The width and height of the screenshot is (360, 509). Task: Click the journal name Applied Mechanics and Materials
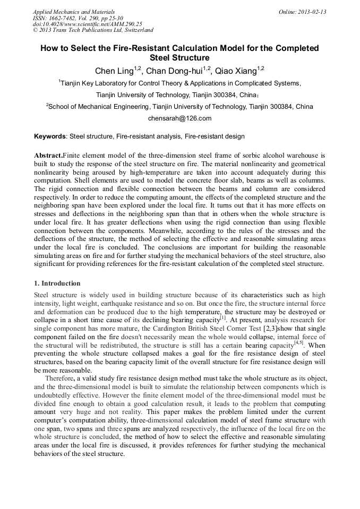coord(74,12)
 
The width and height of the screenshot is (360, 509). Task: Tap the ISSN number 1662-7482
coord(67,18)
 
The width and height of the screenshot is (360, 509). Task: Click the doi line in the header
coord(87,24)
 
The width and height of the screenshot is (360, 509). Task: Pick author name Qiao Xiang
coord(236,71)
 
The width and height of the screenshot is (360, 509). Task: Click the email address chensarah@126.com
coord(179,118)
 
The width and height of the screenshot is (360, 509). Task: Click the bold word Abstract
coord(48,156)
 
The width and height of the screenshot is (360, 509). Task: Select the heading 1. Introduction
coord(57,283)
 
